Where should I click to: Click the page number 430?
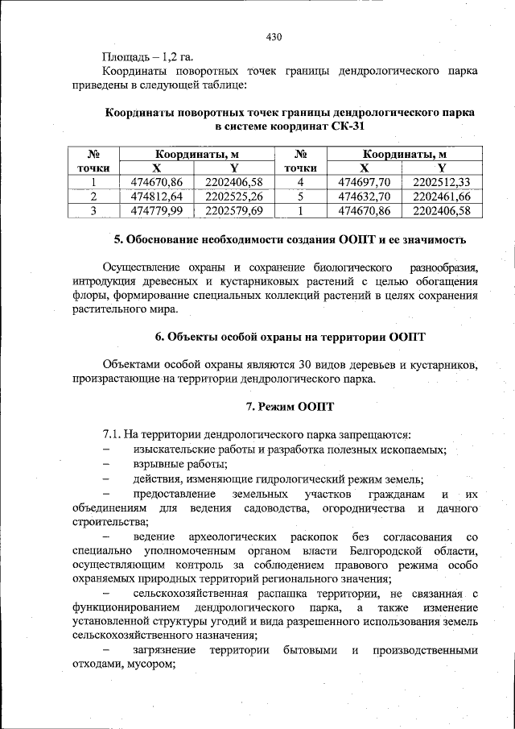[274, 37]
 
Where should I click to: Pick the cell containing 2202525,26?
[234, 196]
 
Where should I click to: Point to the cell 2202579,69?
[234, 210]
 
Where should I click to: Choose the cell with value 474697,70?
[364, 181]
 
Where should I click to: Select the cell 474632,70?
[364, 196]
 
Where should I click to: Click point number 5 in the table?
[300, 196]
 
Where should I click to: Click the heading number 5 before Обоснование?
[118, 240]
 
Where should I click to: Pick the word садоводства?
[272, 508]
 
